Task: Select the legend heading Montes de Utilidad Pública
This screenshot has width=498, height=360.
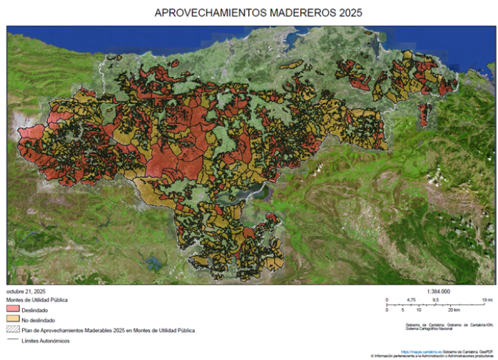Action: click(x=37, y=299)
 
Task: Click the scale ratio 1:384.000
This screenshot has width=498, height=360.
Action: click(x=439, y=291)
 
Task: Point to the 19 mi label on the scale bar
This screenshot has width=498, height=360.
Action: click(x=487, y=300)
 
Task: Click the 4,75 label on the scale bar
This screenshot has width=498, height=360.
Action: click(x=412, y=300)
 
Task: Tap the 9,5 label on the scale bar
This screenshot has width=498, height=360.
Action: click(x=436, y=300)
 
